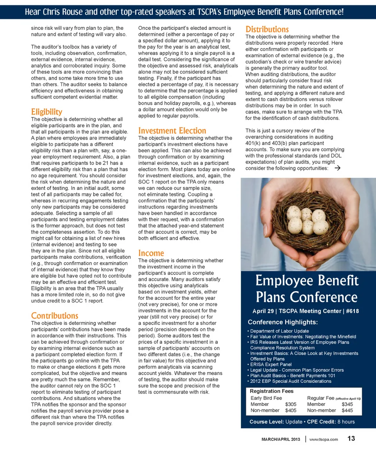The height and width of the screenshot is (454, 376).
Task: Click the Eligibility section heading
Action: pos(47,112)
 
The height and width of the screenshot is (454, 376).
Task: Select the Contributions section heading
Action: pos(54,315)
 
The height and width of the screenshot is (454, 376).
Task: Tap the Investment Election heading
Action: pos(172,131)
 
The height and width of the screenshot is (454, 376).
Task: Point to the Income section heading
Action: pos(151,253)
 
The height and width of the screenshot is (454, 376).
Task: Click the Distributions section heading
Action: pos(267,29)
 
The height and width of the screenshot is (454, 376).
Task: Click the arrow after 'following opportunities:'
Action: pos(338,168)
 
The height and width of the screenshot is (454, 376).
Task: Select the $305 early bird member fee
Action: pos(291,404)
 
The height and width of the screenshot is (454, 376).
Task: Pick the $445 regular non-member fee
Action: pos(347,410)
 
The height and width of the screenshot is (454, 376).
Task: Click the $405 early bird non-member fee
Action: pos(291,410)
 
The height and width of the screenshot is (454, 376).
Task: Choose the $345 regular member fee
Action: pos(347,404)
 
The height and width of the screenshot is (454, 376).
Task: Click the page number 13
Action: pos(351,438)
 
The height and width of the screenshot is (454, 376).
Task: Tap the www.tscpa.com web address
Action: pos(324,439)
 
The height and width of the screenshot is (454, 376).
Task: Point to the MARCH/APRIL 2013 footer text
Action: pos(281,439)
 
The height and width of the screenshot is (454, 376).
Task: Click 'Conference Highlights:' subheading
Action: pos(283,322)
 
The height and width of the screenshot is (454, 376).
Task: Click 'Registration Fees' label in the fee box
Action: pos(271,391)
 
